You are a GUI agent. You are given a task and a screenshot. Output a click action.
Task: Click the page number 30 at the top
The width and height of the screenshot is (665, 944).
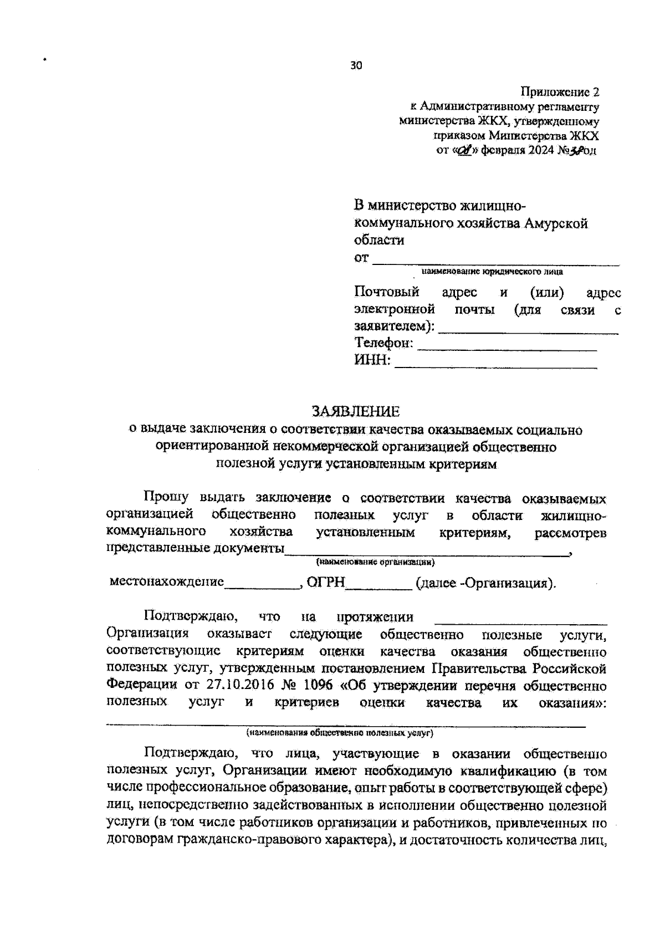pyautogui.click(x=356, y=66)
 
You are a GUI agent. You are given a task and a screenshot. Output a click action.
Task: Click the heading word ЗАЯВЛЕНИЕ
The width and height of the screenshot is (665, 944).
pyautogui.click(x=356, y=411)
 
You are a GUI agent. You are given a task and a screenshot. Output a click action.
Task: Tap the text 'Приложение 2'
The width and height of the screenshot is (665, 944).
pyautogui.click(x=560, y=91)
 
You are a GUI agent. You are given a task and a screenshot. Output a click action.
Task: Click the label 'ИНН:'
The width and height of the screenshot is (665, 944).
pyautogui.click(x=373, y=361)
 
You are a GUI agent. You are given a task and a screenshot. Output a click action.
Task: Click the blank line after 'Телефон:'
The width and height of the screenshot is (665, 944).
pyautogui.click(x=507, y=348)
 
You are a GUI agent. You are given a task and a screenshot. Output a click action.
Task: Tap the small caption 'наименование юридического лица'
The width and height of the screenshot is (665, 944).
pyautogui.click(x=492, y=272)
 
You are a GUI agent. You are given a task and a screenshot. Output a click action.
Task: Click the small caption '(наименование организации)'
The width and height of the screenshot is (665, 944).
pyautogui.click(x=375, y=562)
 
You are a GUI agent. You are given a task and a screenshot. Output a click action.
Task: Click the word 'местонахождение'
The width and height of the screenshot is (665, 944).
pyautogui.click(x=167, y=582)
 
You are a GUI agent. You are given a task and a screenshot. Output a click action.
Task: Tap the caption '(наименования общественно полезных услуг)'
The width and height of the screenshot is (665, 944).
pyautogui.click(x=340, y=733)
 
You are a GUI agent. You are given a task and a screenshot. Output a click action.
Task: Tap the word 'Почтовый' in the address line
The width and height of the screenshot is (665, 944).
pyautogui.click(x=386, y=292)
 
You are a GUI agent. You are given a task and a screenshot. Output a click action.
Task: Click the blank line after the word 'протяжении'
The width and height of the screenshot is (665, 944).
pyautogui.click(x=520, y=621)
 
